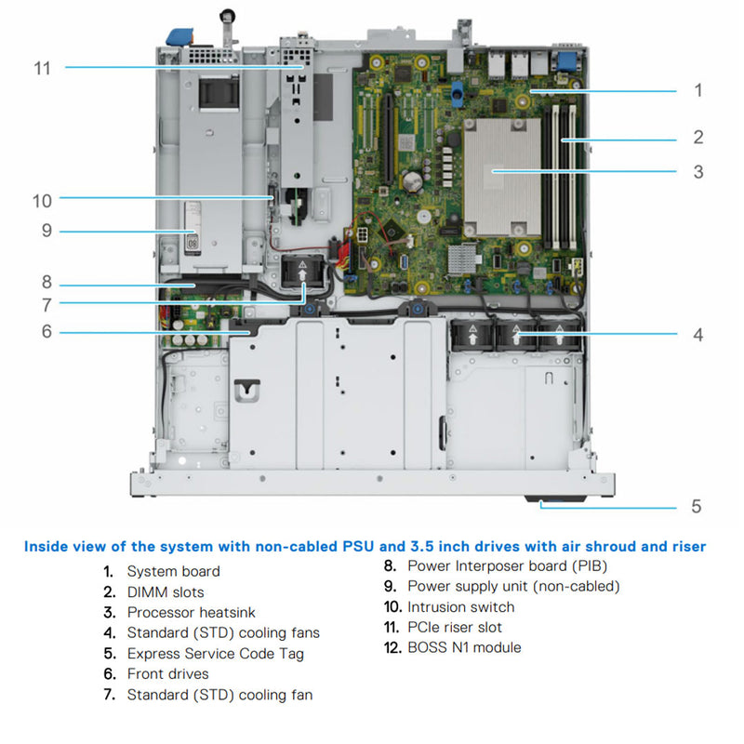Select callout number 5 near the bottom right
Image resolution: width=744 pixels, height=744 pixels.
(696, 507)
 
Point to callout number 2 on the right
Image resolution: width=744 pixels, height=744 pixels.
(697, 138)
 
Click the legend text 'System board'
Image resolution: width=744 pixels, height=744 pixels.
(173, 571)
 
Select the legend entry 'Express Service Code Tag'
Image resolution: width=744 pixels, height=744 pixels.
(215, 653)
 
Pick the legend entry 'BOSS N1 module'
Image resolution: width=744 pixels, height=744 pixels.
(464, 647)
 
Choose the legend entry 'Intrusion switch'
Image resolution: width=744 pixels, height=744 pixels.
(460, 606)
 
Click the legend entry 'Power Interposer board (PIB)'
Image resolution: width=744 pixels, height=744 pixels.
(508, 565)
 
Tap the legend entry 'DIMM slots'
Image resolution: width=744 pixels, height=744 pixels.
(166, 591)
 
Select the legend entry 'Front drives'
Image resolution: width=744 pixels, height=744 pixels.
(168, 673)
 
